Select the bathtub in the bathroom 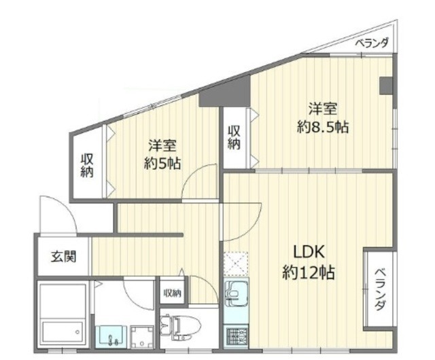[63, 316]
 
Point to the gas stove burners [236, 335]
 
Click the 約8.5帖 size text [323, 127]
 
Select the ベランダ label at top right [372, 43]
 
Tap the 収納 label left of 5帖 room [88, 166]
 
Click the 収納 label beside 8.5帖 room [234, 138]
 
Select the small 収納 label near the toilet [172, 293]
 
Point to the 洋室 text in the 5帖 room [163, 145]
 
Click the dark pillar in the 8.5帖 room [385, 86]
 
